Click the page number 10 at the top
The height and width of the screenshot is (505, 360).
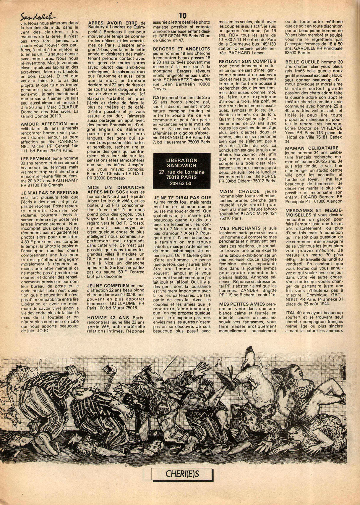(x=182, y=16)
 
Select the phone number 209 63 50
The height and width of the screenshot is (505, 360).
(x=180, y=183)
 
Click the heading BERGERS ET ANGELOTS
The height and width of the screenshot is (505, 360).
(x=181, y=49)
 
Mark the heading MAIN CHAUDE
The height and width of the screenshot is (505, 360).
(x=239, y=191)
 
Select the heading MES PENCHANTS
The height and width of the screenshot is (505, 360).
(x=240, y=228)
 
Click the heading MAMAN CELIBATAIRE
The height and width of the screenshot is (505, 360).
(x=312, y=148)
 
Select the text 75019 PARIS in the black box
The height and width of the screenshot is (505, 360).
(x=181, y=177)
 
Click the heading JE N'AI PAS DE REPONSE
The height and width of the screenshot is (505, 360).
(x=50, y=193)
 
